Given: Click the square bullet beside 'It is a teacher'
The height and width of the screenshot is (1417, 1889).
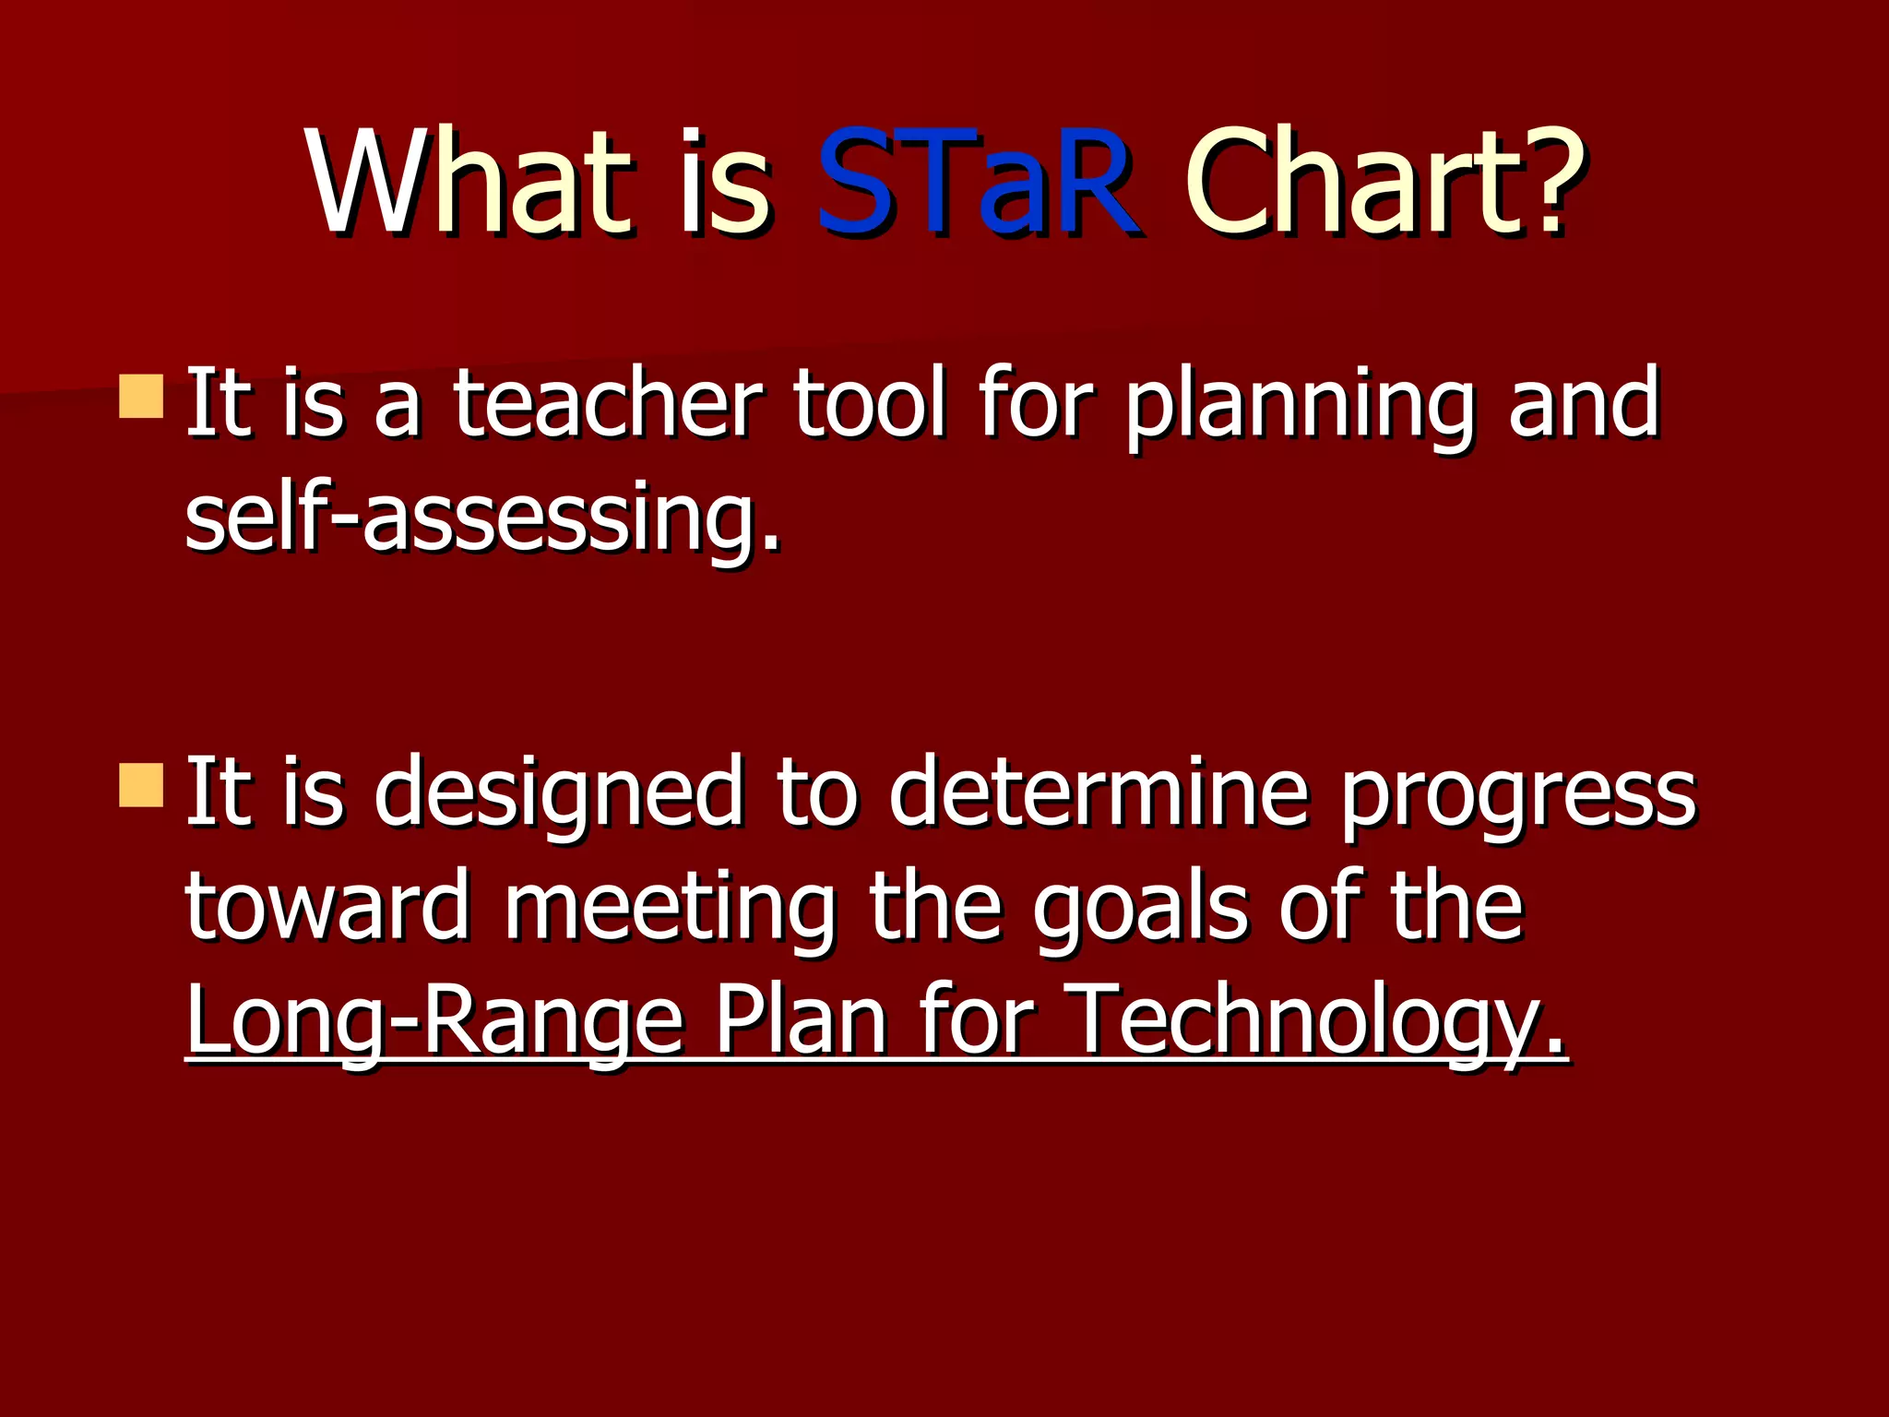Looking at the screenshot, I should point(141,396).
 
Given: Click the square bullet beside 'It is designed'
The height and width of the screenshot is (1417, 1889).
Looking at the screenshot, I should point(141,785).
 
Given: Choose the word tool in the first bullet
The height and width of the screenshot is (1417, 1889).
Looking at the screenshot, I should point(869,403).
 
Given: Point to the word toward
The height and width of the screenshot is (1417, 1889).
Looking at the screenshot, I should point(327,909).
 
